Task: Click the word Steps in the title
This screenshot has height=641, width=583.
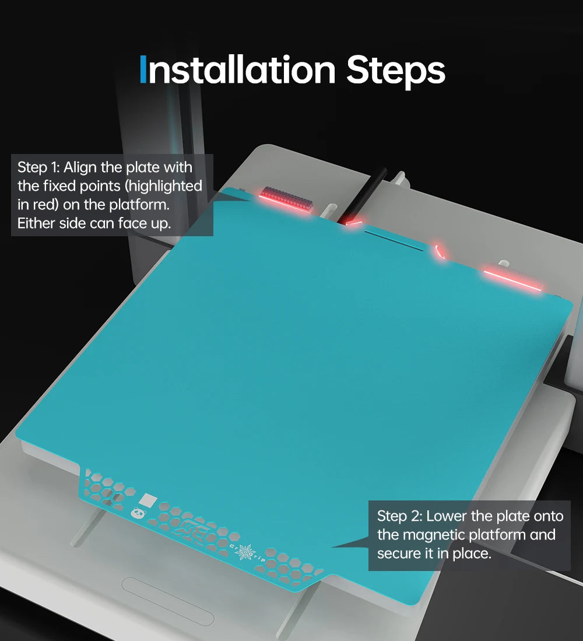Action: (x=395, y=72)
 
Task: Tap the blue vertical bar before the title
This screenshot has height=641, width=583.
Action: (x=143, y=69)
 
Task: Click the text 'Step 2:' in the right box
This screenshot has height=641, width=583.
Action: (x=399, y=516)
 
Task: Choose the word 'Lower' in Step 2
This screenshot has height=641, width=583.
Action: (x=447, y=516)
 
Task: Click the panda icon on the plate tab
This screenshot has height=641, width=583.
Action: (x=138, y=513)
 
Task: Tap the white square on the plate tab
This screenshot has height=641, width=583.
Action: (x=148, y=499)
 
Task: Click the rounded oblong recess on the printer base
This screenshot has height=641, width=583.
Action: (x=168, y=601)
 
